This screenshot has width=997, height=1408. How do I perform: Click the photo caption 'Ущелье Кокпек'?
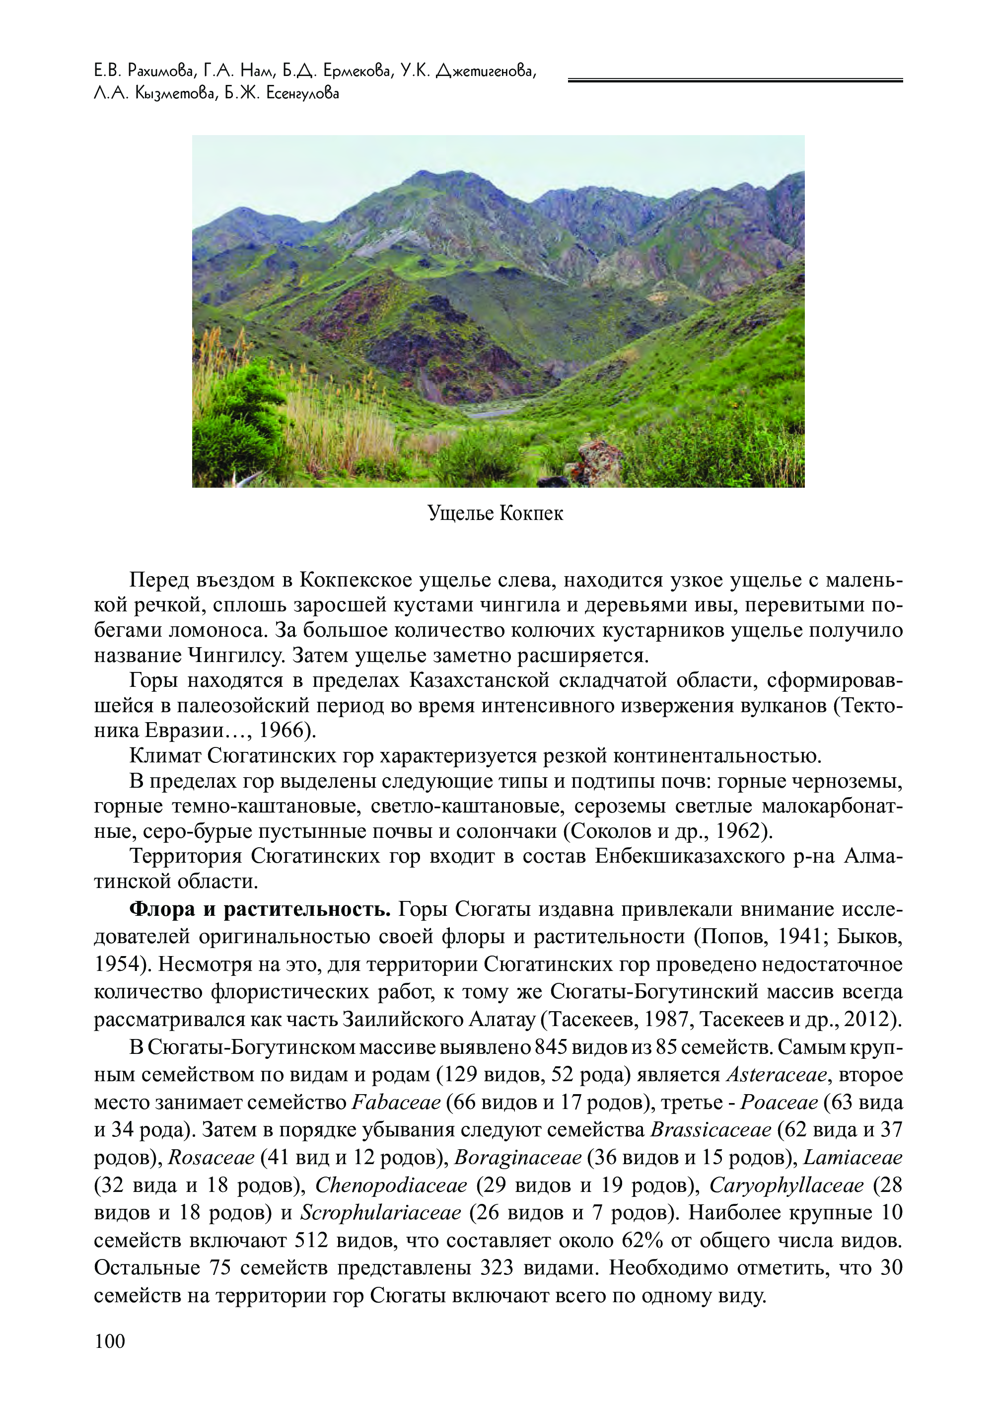click(495, 513)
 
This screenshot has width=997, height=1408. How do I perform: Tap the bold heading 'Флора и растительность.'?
click(260, 909)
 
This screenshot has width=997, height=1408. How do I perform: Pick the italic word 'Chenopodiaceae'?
click(391, 1185)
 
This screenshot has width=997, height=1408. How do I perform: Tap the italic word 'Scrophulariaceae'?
click(381, 1213)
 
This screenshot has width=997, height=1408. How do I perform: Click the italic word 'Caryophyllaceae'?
click(786, 1185)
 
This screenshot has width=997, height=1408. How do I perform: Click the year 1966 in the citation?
click(282, 731)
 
